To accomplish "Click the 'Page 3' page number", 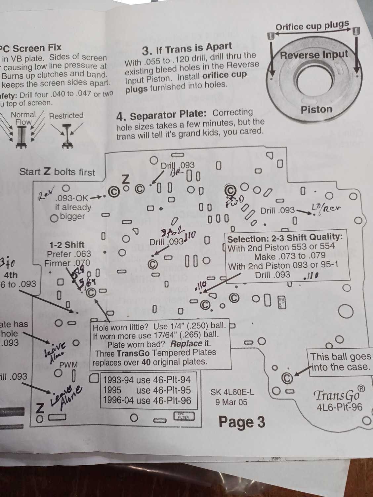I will (x=242, y=422).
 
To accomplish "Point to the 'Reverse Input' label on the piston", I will (x=314, y=55).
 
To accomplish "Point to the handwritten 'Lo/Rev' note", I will (x=326, y=208).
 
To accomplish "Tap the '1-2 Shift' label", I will (x=67, y=245).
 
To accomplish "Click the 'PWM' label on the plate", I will (x=68, y=365).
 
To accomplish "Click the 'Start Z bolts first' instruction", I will (x=57, y=172).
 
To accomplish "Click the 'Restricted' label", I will (x=66, y=116).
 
